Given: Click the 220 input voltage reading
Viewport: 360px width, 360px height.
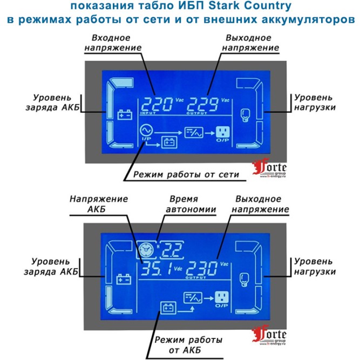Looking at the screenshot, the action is coord(157,104).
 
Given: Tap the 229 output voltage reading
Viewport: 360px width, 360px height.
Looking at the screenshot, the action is coord(202,104).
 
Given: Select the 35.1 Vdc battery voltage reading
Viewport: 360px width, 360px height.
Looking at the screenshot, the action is coord(157,268).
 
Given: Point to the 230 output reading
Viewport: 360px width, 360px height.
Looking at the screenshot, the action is coord(201,268).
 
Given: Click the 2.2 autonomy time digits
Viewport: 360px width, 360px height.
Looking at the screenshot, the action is coord(172,249).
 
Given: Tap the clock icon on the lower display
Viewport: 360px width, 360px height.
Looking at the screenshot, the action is coord(146,250).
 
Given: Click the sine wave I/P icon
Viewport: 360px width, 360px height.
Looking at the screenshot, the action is coord(146,131).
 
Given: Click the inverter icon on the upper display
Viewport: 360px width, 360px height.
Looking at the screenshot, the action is coord(194,132).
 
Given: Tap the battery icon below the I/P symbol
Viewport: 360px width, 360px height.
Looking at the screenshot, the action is coord(169,142).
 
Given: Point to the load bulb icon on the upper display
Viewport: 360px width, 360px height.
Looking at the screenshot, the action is coord(245,116).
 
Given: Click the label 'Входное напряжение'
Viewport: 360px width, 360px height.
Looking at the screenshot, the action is coord(113,43).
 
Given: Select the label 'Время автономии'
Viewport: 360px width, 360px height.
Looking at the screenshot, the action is coord(191,204).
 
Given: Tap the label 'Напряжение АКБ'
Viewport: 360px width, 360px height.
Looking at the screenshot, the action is coord(99,204).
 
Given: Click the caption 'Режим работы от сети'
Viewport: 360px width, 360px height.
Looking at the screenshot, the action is coord(186,174).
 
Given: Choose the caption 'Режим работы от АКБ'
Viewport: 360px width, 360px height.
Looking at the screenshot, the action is coord(188,345).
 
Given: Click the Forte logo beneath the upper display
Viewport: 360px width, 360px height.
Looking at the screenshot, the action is coord(269,168).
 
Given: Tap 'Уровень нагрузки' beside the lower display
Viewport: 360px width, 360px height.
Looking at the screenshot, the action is coord(315,267).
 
